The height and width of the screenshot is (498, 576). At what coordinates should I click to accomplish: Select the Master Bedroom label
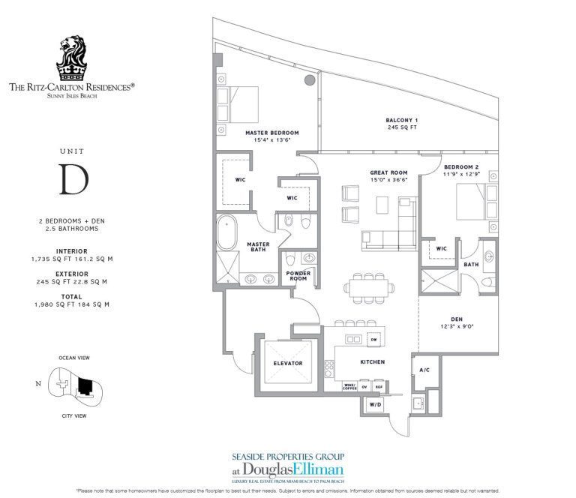(271, 133)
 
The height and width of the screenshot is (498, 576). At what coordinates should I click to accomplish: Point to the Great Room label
(388, 172)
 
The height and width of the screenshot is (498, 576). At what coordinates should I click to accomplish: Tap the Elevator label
(287, 363)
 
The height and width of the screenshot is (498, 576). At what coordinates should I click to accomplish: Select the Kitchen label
(372, 361)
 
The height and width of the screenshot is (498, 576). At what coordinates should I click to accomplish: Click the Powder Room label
(298, 276)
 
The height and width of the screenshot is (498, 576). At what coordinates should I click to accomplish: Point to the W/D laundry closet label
(376, 406)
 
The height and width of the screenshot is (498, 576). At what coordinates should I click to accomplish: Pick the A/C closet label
(424, 370)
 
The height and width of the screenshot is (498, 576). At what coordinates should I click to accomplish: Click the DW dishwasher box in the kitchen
(373, 340)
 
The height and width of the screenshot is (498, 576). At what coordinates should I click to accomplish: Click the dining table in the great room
(367, 286)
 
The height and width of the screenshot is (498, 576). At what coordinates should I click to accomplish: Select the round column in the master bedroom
(309, 81)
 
